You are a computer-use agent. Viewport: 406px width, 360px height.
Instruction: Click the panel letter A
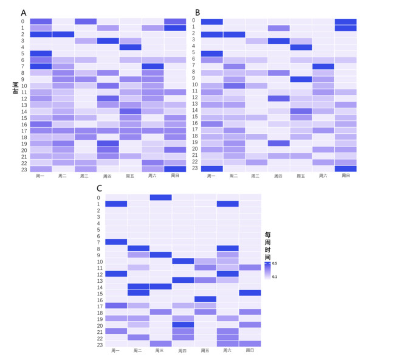pyautogui.click(x=23, y=12)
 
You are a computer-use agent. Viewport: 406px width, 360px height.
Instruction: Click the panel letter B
pyautogui.click(x=196, y=12)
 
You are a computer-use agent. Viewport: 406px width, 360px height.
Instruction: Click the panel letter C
pyautogui.click(x=99, y=188)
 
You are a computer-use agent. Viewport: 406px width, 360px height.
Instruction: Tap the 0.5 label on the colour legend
pyautogui.click(x=274, y=263)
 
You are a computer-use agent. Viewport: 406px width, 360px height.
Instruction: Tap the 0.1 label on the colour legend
pyautogui.click(x=274, y=277)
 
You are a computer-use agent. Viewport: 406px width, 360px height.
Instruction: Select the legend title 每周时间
pyautogui.click(x=268, y=246)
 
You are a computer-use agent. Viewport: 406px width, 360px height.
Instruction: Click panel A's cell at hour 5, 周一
pyautogui.click(x=41, y=53)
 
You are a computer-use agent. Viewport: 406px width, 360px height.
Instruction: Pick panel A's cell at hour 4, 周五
pyautogui.click(x=130, y=47)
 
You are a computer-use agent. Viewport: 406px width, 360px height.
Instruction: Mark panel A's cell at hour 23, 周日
pyautogui.click(x=175, y=169)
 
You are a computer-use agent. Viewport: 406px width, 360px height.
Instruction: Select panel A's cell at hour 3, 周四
pyautogui.click(x=108, y=41)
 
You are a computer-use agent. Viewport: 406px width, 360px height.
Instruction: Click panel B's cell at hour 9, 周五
pyautogui.click(x=301, y=79)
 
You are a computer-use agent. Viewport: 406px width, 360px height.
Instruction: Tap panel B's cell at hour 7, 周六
pyautogui.click(x=323, y=66)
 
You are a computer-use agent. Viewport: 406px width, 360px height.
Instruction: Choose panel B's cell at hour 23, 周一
pyautogui.click(x=212, y=168)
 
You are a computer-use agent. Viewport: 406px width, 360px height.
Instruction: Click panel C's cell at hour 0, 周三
pyautogui.click(x=160, y=197)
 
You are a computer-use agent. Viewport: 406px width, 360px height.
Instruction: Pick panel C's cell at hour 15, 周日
pyautogui.click(x=250, y=293)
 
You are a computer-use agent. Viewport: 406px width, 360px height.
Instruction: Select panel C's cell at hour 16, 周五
pyautogui.click(x=205, y=299)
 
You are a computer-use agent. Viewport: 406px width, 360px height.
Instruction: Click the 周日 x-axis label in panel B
pyautogui.click(x=346, y=176)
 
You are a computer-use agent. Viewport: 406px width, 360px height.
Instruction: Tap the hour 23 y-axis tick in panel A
pyautogui.click(x=22, y=169)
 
